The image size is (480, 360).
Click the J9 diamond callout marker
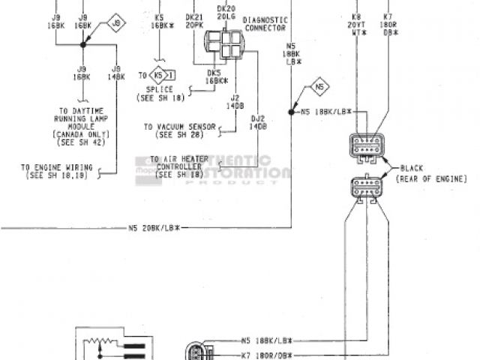tap(116, 23)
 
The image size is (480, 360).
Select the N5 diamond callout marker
tap(319, 88)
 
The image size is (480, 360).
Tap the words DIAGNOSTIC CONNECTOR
tap(265, 25)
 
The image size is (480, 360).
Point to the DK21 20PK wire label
tap(194, 20)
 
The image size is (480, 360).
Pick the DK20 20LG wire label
tap(225, 13)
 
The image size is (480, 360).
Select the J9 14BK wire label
tap(115, 73)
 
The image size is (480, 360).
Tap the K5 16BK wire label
tap(159, 20)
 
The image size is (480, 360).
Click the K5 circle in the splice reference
tap(157, 76)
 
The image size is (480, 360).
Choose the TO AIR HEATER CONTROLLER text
tap(175, 166)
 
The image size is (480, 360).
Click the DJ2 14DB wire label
tap(257, 121)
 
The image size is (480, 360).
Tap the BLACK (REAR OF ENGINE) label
tap(433, 173)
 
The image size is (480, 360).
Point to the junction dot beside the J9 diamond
tap(83, 45)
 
